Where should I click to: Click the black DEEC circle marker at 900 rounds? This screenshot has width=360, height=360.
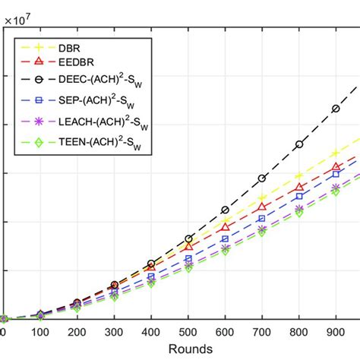tap(336, 109)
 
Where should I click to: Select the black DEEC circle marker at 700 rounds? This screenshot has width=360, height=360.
tap(262, 178)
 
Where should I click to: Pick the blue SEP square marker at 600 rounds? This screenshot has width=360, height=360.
tap(225, 238)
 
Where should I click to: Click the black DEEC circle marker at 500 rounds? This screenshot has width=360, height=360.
tap(188, 238)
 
